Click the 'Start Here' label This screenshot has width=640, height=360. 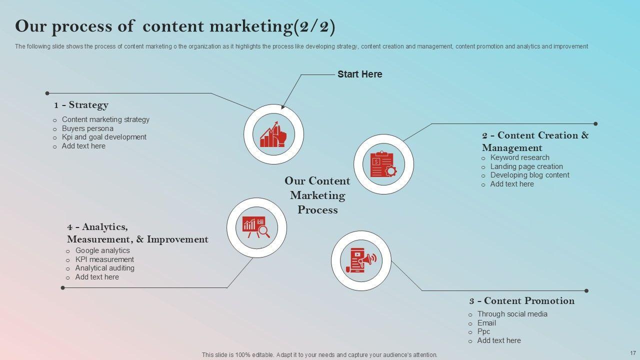[359, 74]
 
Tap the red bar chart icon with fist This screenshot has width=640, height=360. [273, 134]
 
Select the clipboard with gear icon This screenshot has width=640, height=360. [383, 164]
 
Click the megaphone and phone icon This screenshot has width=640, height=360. [360, 260]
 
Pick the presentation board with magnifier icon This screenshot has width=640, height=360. [256, 227]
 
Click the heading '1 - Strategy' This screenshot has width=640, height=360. [81, 105]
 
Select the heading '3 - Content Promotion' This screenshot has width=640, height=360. [521, 301]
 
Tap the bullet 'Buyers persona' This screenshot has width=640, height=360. [87, 128]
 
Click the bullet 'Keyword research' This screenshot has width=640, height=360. [519, 157]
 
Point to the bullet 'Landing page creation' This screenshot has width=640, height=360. [526, 166]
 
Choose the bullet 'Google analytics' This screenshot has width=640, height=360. [102, 250]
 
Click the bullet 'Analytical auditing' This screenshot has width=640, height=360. [104, 268]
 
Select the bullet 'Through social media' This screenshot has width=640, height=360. [512, 314]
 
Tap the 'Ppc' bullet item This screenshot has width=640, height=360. [483, 331]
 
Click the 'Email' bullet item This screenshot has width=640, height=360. [486, 323]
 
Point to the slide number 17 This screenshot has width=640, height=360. [632, 352]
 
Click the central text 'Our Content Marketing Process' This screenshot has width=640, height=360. [317, 195]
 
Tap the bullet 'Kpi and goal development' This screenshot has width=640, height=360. [104, 137]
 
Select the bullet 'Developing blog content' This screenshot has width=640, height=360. [529, 175]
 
